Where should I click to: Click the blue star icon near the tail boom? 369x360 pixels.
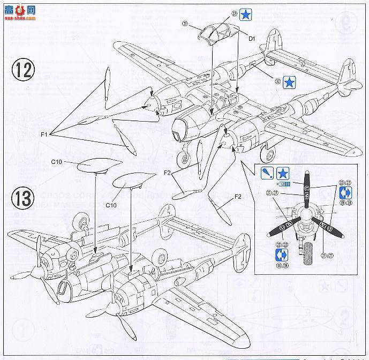(289, 82)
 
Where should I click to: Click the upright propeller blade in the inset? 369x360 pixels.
(307, 191)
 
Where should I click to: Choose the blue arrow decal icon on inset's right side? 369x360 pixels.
(344, 195)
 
